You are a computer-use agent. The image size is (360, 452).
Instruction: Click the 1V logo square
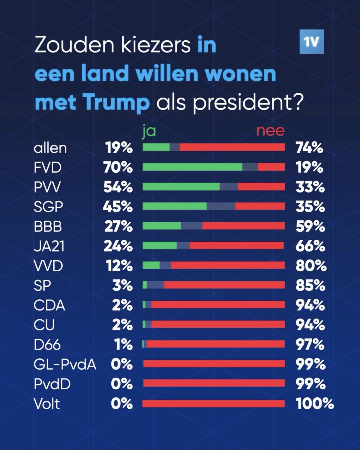pyautogui.click(x=311, y=42)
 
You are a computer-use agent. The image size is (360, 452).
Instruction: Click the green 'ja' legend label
pyautogui.click(x=149, y=131)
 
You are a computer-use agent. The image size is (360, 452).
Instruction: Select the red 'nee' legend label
pyautogui.click(x=270, y=131)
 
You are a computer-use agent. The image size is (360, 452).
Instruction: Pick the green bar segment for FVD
pyautogui.click(x=192, y=167)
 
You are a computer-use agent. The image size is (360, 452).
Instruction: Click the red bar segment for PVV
pyautogui.click(x=261, y=187)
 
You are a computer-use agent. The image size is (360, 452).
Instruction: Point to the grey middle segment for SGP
pyautogui.click(x=221, y=206)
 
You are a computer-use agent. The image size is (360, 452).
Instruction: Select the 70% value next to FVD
pyautogui.click(x=118, y=167)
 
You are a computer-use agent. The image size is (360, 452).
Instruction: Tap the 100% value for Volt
pyautogui.click(x=315, y=404)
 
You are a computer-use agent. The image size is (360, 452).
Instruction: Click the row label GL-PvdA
pyautogui.click(x=65, y=364)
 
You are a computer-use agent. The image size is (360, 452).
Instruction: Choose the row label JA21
pyautogui.click(x=49, y=246)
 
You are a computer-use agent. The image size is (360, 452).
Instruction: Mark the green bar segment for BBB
pyautogui.click(x=162, y=226)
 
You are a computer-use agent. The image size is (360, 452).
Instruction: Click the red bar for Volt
pyautogui.click(x=213, y=404)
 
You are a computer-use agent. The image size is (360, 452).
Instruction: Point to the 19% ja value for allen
pyautogui.click(x=119, y=148)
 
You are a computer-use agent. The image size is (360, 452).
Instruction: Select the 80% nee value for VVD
pyautogui.click(x=311, y=266)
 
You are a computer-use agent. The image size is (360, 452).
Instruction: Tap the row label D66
pyautogui.click(x=47, y=345)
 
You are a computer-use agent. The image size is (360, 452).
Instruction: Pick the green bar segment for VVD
pyautogui.click(x=151, y=265)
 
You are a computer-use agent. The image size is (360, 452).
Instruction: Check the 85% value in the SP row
pyautogui.click(x=310, y=286)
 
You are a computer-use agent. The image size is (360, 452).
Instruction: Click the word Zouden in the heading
pyautogui.click(x=74, y=45)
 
